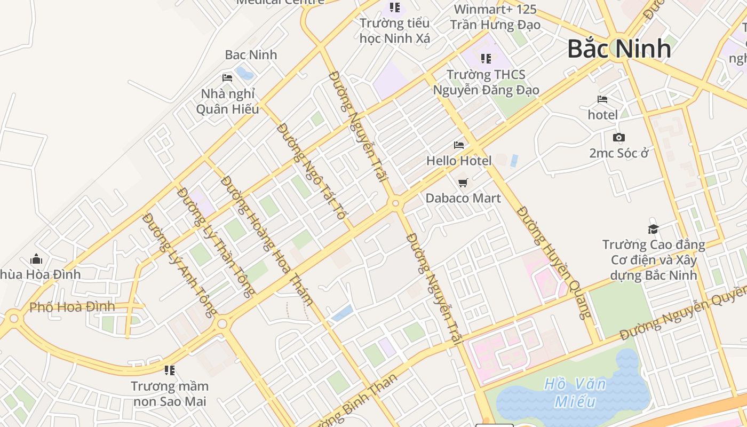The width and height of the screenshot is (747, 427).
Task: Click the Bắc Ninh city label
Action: [x=619, y=49]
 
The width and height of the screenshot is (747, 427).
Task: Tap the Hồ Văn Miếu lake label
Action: [x=575, y=392]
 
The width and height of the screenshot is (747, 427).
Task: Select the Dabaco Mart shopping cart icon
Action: [x=463, y=183]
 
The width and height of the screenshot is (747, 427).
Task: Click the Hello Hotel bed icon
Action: [x=458, y=145]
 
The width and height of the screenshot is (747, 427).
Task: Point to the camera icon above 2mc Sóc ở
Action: [x=618, y=138]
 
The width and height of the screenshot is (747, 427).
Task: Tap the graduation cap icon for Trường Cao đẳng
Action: [x=653, y=229]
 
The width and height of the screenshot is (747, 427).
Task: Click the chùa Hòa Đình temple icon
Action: [x=36, y=259]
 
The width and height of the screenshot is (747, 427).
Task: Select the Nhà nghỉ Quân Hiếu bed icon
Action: [x=227, y=78]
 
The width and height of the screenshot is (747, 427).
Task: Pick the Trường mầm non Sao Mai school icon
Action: [x=170, y=370]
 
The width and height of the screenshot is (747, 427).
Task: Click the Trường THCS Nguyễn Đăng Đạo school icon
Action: [x=486, y=58]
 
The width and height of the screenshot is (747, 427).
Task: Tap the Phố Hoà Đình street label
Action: [x=72, y=307]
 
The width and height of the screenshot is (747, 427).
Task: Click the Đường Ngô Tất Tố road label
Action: [x=311, y=171]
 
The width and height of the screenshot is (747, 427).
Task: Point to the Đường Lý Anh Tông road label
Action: [x=180, y=264]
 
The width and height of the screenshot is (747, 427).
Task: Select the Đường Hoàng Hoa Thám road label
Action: [x=266, y=240]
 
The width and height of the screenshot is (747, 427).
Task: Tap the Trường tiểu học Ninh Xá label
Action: [x=394, y=30]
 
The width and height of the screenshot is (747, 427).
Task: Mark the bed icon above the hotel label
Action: [x=602, y=99]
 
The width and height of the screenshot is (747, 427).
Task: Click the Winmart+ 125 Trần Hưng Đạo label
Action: [x=495, y=17]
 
